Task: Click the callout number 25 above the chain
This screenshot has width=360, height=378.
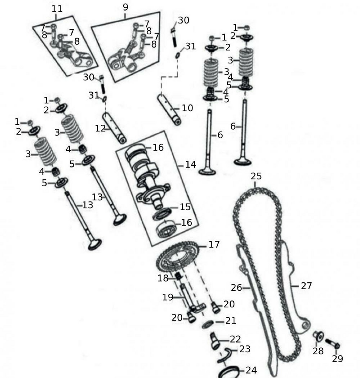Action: [x=256, y=176]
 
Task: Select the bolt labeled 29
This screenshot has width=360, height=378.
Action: [x=332, y=344]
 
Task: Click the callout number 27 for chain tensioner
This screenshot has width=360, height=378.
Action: [x=306, y=286]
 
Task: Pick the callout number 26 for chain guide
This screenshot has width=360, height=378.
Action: [x=236, y=288]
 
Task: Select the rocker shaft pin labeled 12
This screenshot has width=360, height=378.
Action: [x=115, y=127]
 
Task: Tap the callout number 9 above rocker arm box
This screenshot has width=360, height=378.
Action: [x=126, y=7]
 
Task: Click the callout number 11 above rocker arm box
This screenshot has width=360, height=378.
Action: [x=57, y=8]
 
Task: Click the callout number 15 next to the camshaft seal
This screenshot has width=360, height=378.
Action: [x=185, y=208]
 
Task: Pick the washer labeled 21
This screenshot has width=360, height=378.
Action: [x=208, y=324]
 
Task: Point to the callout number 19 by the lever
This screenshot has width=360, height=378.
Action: [x=168, y=297]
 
